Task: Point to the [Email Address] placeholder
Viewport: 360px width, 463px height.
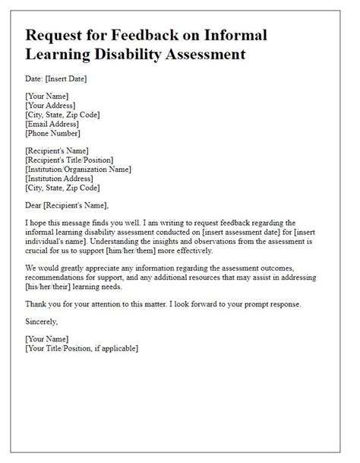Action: [55, 124]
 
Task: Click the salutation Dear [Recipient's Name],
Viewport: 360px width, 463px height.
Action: [67, 205]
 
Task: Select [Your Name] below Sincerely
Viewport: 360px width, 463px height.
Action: [47, 340]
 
